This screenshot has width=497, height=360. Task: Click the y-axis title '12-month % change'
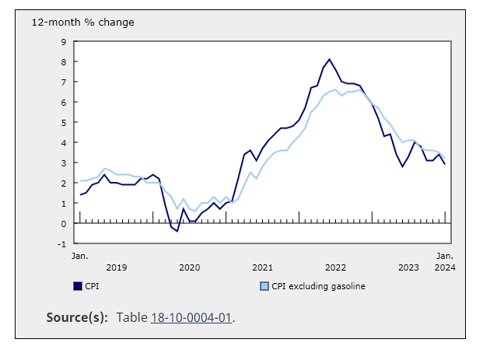[x=82, y=22]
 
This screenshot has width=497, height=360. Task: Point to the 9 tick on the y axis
[x=64, y=41]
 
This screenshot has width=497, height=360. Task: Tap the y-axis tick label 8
[x=64, y=61]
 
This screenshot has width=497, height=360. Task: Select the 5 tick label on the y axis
[x=64, y=122]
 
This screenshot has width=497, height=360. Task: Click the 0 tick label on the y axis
[x=64, y=223]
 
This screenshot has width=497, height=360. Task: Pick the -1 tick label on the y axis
[x=62, y=243]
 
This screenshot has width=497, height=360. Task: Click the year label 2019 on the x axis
[x=116, y=267]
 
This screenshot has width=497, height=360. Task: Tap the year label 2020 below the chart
[x=189, y=267]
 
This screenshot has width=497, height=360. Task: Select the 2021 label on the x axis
[x=262, y=267]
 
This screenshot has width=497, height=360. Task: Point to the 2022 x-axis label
[x=335, y=267]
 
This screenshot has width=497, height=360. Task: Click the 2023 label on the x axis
[x=408, y=267]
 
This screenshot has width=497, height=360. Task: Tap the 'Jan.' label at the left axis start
[x=79, y=255]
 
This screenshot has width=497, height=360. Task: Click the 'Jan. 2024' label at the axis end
[x=445, y=261]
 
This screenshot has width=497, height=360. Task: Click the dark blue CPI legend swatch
[x=76, y=286]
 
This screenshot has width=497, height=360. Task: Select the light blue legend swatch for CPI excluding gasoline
[x=264, y=286]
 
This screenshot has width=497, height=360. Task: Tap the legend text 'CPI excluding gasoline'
[x=319, y=286]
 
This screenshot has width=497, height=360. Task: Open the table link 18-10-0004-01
[x=191, y=317]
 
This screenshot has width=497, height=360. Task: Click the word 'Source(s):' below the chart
[x=78, y=317]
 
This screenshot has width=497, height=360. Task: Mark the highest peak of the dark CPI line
[x=330, y=59]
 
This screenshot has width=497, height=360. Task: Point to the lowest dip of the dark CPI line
[x=177, y=231]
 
